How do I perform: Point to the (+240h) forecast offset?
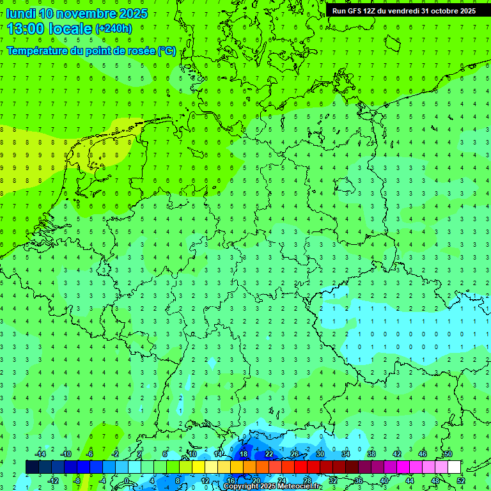tap(113, 28)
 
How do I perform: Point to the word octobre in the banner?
tap(449, 11)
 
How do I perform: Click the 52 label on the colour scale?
tap(461, 481)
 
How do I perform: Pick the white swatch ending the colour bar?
tap(455, 467)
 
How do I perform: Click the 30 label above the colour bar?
tap(320, 454)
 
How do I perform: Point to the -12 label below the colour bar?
tap(53, 481)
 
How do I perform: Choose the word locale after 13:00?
tap(72, 28)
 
